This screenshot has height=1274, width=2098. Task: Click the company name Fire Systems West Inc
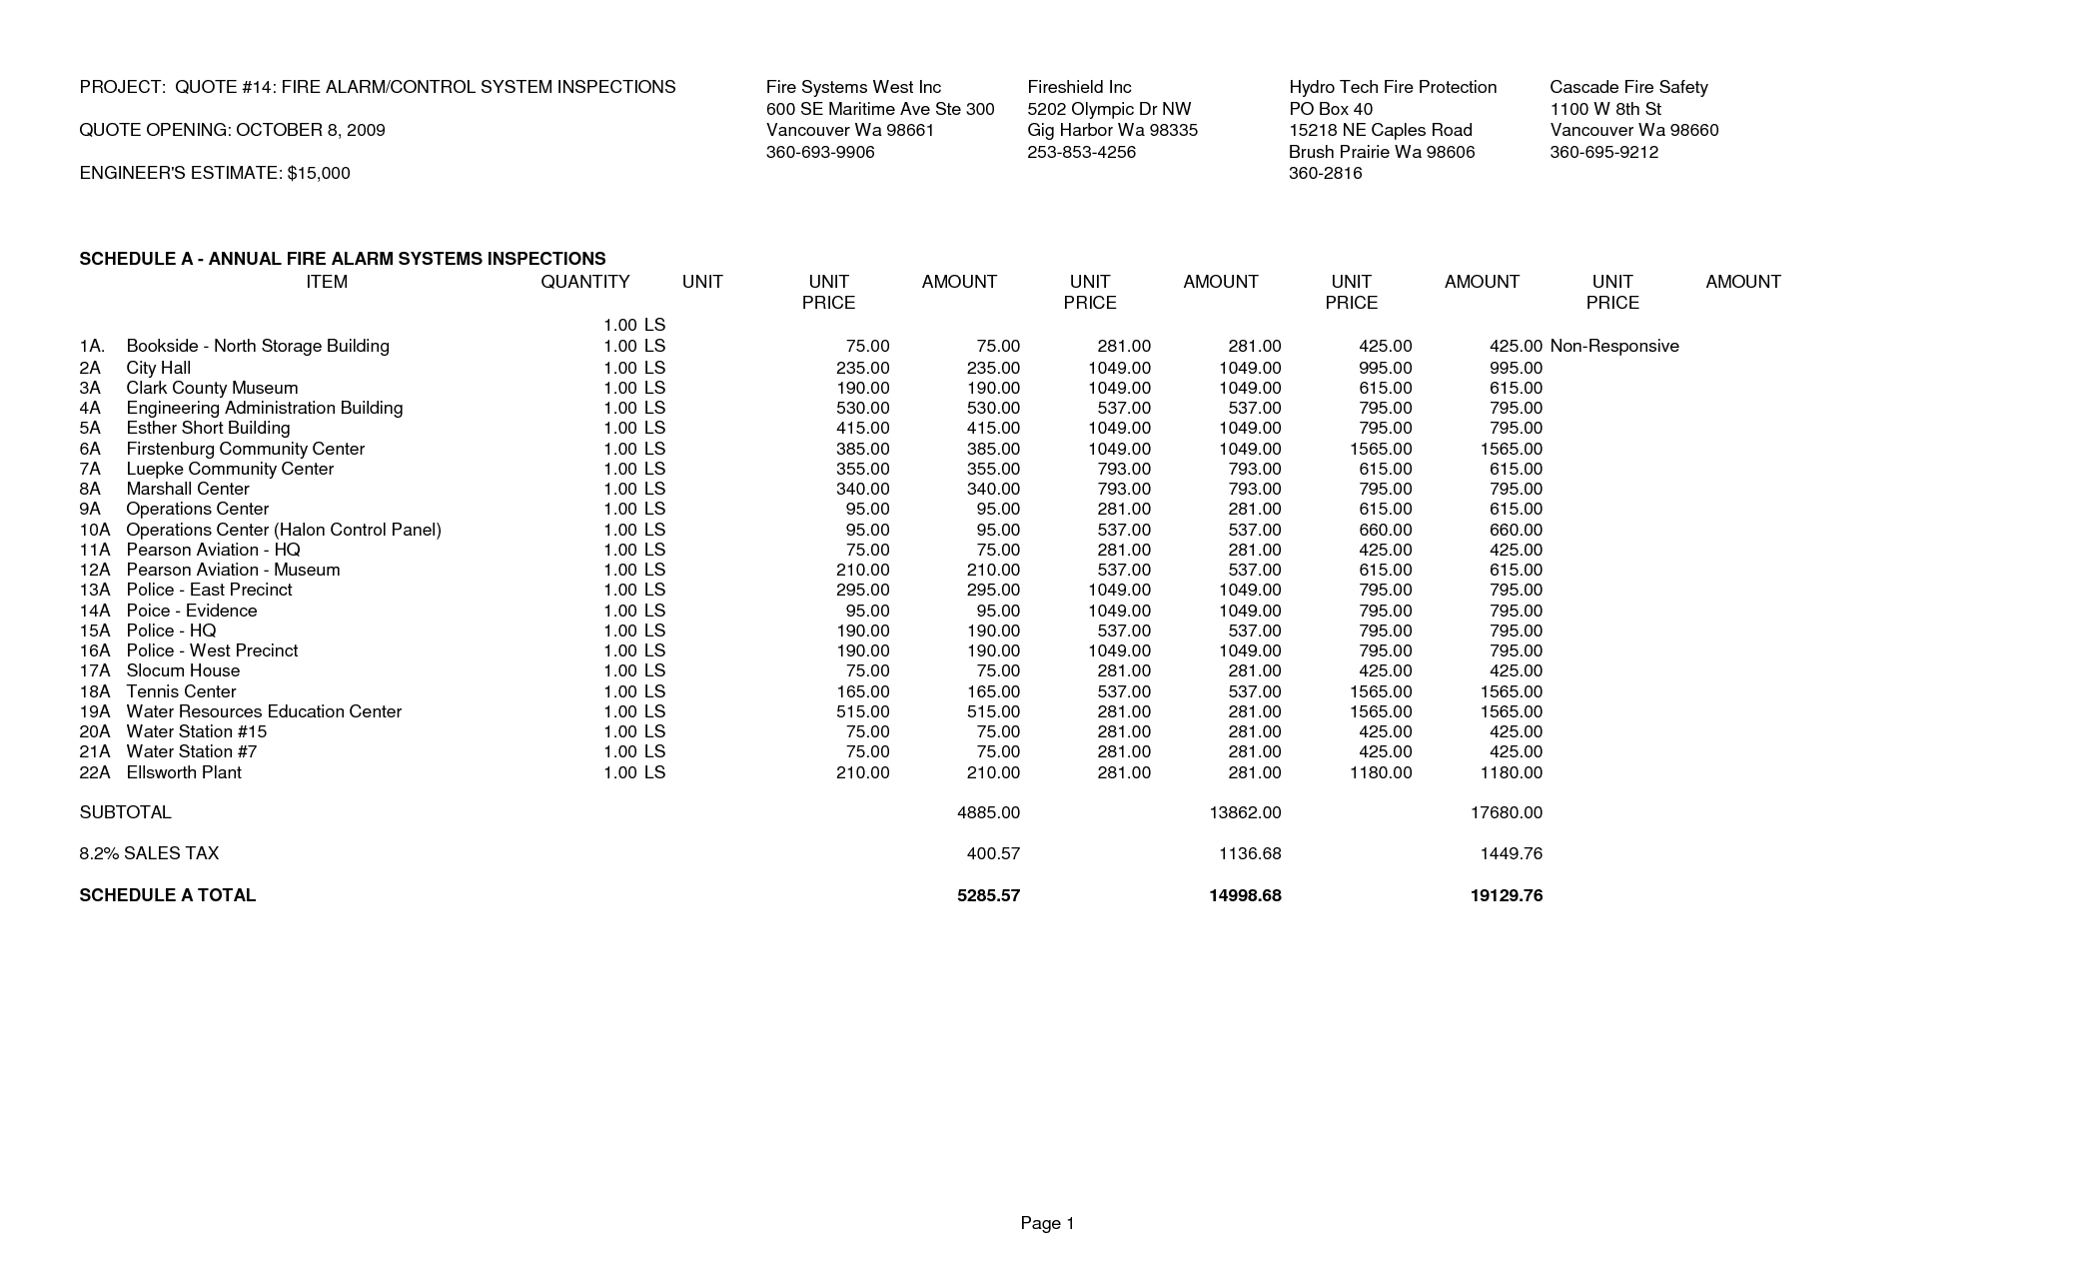point(853,87)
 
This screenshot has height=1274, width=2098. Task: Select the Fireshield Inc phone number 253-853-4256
point(1081,152)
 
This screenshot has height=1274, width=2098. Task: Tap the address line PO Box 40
point(1331,109)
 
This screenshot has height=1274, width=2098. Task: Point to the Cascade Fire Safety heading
point(1628,87)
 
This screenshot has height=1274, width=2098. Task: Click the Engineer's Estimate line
point(215,173)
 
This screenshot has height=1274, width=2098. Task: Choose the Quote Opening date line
point(232,130)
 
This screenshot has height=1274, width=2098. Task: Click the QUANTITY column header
point(584,282)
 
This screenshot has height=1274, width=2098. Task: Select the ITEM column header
point(327,282)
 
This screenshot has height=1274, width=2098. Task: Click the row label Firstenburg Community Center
point(245,449)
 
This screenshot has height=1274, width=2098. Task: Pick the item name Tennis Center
point(181,691)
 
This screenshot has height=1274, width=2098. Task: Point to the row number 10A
point(95,530)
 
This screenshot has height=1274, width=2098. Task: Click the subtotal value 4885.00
point(988,812)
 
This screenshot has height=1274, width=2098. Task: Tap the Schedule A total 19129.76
point(1507,895)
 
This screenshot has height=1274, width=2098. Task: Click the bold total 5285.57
point(988,895)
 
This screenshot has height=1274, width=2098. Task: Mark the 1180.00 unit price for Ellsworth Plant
point(1380,772)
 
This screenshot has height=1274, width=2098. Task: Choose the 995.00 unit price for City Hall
point(1385,368)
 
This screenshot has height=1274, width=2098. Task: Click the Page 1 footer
point(1047,1223)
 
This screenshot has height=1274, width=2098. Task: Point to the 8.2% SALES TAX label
point(149,853)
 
